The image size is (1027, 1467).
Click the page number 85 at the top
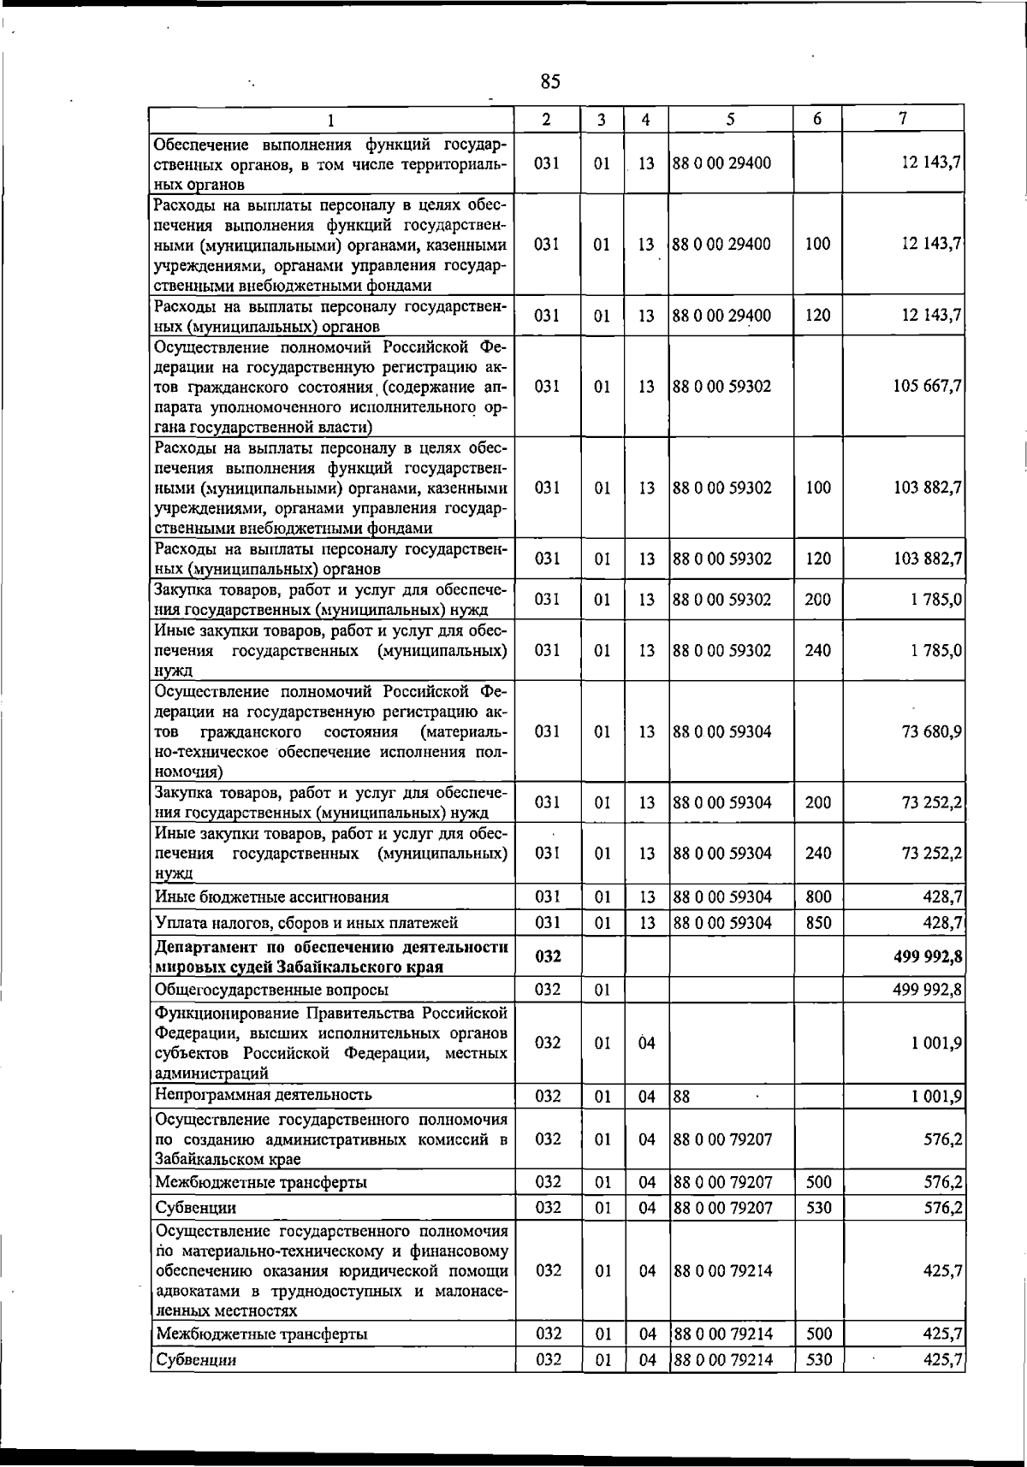click(x=550, y=82)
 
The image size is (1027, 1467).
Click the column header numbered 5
click(x=730, y=120)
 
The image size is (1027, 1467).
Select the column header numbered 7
click(x=903, y=119)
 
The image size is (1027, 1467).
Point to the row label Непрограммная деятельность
click(x=264, y=1095)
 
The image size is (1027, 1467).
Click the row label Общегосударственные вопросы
click(x=271, y=990)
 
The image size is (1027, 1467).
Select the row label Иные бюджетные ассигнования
click(x=271, y=897)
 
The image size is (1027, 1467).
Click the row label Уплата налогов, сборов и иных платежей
click(x=306, y=923)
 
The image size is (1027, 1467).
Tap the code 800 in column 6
click(x=818, y=897)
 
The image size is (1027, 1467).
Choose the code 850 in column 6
click(x=818, y=923)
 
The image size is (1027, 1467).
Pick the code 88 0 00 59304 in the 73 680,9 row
click(x=722, y=732)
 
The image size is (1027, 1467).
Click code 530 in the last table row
click(x=819, y=1359)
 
